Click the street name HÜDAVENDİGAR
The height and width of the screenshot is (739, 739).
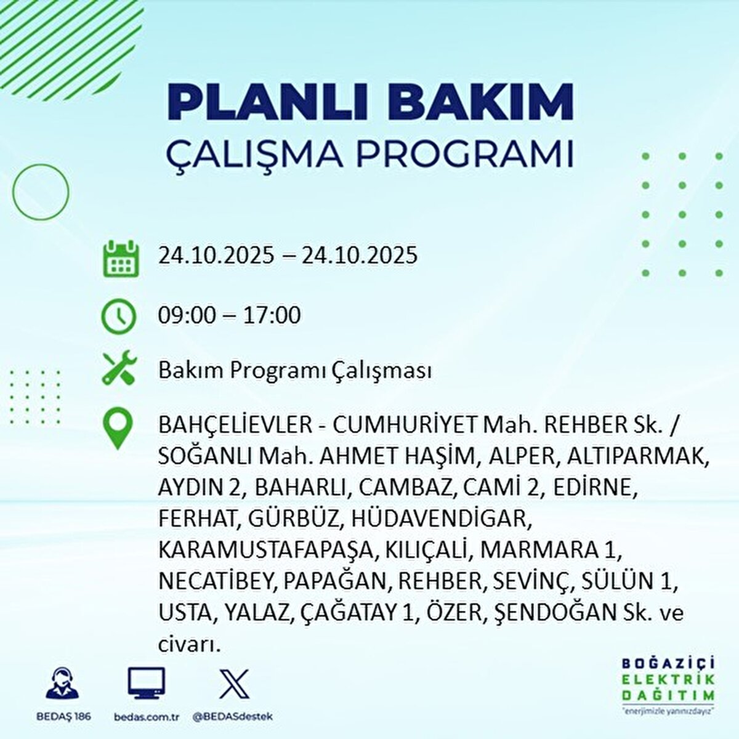click(x=440, y=518)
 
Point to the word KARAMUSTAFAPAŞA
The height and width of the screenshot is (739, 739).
click(x=265, y=549)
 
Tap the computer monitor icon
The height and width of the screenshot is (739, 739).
click(x=147, y=682)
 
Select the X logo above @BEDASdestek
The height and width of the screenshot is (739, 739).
click(x=234, y=682)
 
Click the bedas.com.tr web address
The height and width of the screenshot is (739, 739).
click(x=147, y=717)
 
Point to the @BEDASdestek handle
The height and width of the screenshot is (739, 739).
click(x=233, y=717)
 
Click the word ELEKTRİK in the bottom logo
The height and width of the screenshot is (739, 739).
click(x=669, y=679)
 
